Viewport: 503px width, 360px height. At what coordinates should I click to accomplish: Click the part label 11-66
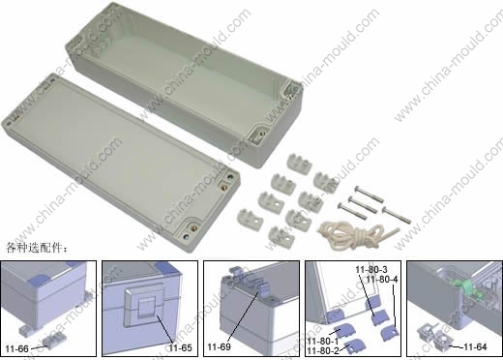tap(16, 348)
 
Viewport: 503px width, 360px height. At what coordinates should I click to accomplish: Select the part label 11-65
tap(180, 347)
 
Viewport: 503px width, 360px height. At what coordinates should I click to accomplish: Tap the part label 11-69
tap(219, 346)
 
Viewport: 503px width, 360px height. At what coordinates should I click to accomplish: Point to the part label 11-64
tap(475, 346)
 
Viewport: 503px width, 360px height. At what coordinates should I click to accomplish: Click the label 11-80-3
tap(371, 269)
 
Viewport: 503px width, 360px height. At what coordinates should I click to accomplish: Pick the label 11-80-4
tap(382, 279)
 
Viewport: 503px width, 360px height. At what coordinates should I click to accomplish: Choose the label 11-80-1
tap(323, 341)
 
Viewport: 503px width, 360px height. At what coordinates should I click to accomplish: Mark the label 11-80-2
tap(323, 350)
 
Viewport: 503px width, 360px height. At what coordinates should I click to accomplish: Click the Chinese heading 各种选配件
tap(37, 248)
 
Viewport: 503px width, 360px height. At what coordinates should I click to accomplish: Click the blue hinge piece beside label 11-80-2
tap(355, 345)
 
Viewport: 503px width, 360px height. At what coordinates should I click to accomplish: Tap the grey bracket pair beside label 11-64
tap(434, 337)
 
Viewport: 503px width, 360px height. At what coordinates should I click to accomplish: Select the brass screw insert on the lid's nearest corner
tap(193, 227)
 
